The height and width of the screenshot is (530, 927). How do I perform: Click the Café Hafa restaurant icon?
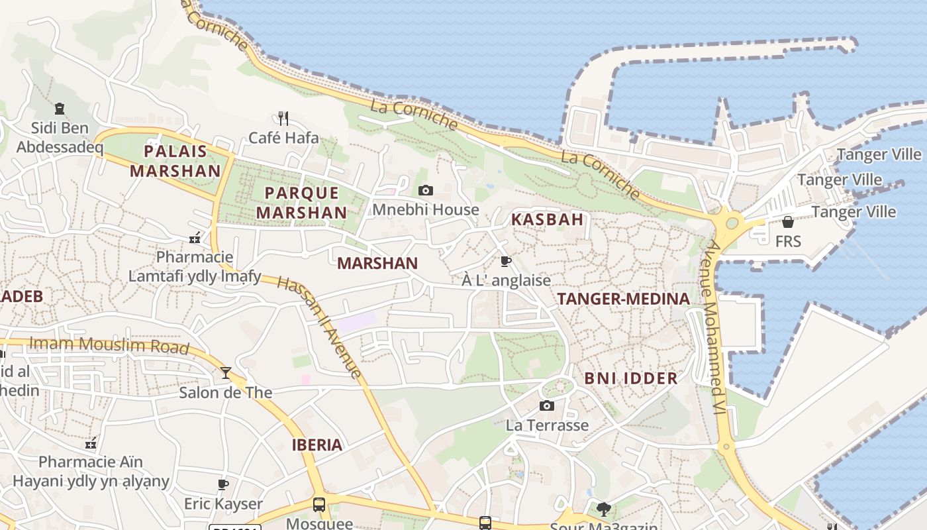coord(283,119)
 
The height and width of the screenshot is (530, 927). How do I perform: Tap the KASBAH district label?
coord(547,219)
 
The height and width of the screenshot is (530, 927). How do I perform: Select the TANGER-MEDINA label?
coord(624,299)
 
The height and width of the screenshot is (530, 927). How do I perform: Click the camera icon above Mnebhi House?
coord(426,191)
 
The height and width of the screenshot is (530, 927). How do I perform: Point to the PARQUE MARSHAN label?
coord(301,203)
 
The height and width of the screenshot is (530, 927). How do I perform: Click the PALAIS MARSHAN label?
coord(175,161)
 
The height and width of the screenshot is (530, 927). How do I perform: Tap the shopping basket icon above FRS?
coord(788,222)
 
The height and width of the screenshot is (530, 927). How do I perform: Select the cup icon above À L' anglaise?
coord(506,262)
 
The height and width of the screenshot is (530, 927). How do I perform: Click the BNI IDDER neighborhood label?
coord(630,378)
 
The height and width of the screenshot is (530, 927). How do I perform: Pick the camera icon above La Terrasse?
coord(547,406)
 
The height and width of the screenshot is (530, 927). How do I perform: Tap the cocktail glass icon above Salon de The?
coord(226,373)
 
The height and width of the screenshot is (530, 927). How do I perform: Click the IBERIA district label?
coord(317,445)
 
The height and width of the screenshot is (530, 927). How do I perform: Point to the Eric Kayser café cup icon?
coord(223,484)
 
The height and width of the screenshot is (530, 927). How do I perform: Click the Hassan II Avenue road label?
coord(320,327)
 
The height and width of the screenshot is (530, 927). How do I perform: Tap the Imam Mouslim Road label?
coord(110,344)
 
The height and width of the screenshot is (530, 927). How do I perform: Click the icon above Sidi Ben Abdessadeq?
coord(60,109)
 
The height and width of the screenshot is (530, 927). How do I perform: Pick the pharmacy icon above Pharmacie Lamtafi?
coord(195,238)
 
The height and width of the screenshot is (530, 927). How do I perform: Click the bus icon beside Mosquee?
coord(319,505)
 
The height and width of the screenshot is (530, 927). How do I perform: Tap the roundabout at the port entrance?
coord(732,223)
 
